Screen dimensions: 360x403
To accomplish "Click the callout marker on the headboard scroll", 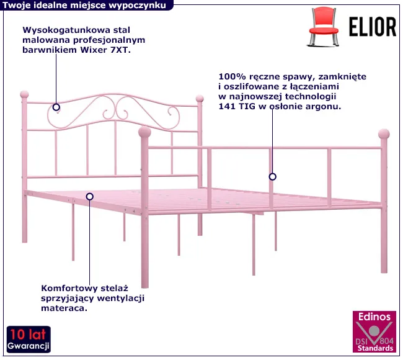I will point(56,106).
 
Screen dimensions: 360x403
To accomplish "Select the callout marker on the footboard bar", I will point(272,177).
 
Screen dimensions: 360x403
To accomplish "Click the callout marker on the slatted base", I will point(90,196).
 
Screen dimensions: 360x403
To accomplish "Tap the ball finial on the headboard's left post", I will point(25,94).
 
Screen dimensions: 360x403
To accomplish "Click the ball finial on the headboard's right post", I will point(200,98).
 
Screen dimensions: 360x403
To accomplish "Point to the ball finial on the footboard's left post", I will point(144,132).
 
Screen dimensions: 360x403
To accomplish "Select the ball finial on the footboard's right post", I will point(384,133).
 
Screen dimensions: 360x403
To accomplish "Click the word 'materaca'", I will point(65,308).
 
